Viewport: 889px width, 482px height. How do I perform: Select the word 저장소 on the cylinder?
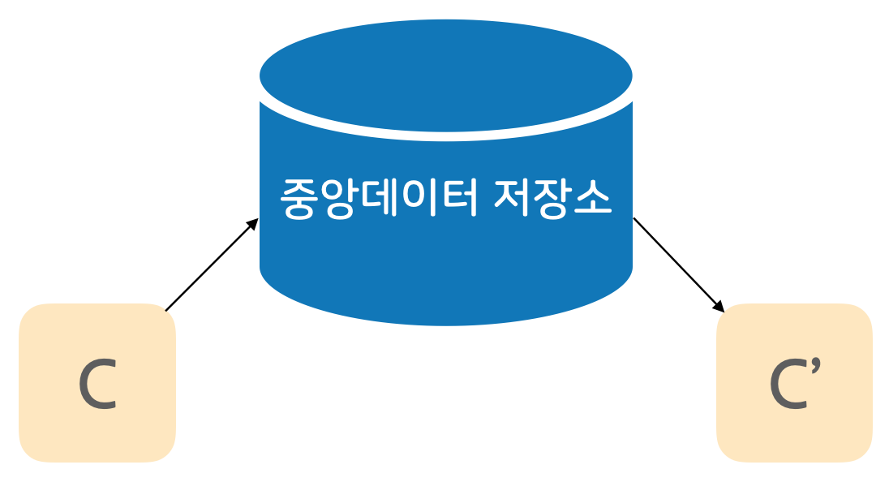[552, 199]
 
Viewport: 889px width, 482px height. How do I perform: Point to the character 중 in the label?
[301, 199]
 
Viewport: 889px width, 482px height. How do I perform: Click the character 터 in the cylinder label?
[459, 199]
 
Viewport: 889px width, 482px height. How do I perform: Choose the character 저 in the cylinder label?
[513, 199]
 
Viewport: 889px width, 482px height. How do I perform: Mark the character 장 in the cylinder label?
[552, 199]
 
